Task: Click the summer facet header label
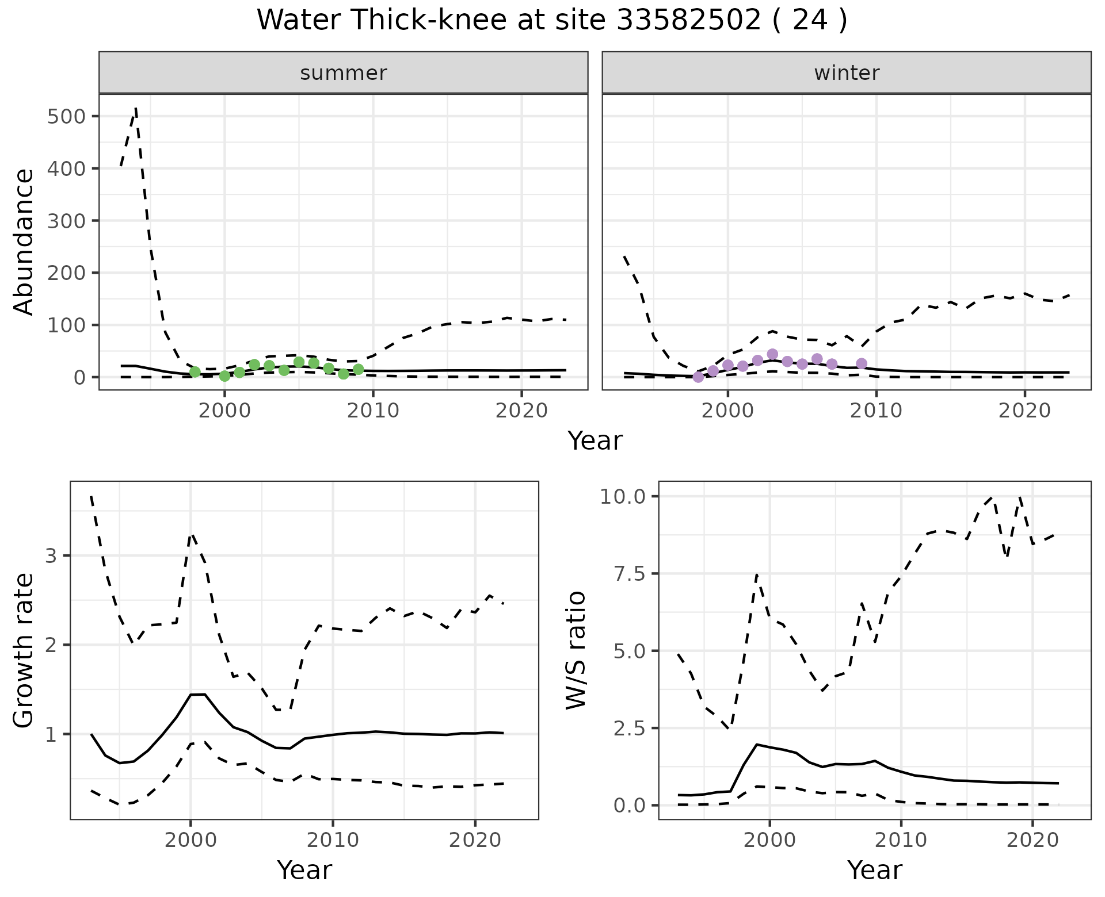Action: tap(344, 73)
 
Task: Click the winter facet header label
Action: tap(847, 73)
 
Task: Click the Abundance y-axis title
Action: tap(24, 241)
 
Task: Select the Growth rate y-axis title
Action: tap(24, 650)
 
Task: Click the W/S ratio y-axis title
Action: tap(576, 650)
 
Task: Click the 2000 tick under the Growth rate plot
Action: tap(190, 841)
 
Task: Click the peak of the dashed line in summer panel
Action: tap(135, 108)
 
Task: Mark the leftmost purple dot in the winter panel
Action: tap(698, 377)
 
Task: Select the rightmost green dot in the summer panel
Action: tap(358, 369)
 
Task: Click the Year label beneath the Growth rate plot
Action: tap(304, 871)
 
